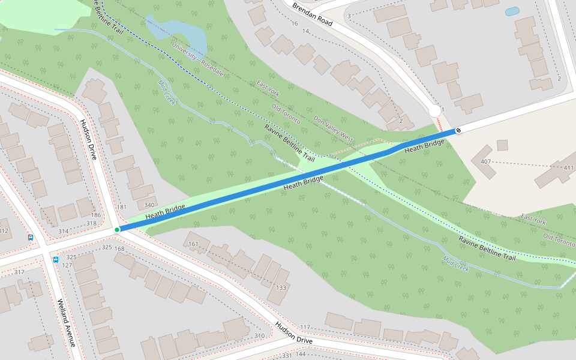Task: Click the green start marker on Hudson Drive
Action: pyautogui.click(x=117, y=229)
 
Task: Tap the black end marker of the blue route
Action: pyautogui.click(x=458, y=130)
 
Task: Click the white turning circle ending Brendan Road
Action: pyautogui.click(x=435, y=111)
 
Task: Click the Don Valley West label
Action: pyautogui.click(x=334, y=128)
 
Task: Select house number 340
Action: pyautogui.click(x=149, y=205)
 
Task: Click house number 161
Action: pyautogui.click(x=193, y=244)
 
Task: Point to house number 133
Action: pyautogui.click(x=281, y=287)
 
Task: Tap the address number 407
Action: pyautogui.click(x=486, y=162)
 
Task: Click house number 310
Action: pyautogui.click(x=259, y=335)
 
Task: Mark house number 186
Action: pyautogui.click(x=96, y=215)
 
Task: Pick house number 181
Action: pyautogui.click(x=122, y=208)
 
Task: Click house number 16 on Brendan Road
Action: pyautogui.click(x=294, y=23)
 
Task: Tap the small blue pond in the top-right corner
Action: pyautogui.click(x=512, y=11)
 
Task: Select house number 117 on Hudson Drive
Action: pyautogui.click(x=305, y=327)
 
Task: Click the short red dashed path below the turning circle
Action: pyautogui.click(x=440, y=125)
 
